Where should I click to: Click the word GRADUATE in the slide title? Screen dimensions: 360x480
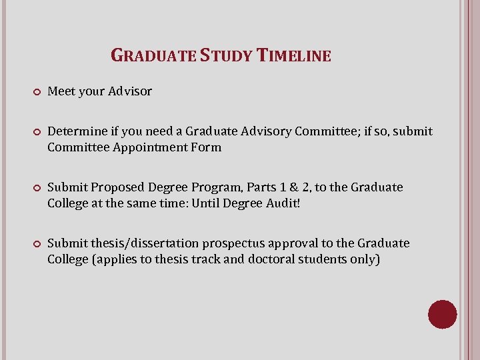coord(153,55)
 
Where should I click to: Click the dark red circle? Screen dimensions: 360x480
coord(442,314)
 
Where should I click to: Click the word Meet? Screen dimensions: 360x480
coord(61,91)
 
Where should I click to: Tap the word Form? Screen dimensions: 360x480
coord(206,147)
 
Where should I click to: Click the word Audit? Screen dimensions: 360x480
coord(283,203)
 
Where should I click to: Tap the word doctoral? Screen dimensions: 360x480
coord(278,259)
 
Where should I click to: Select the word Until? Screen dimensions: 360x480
coord(208,203)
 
